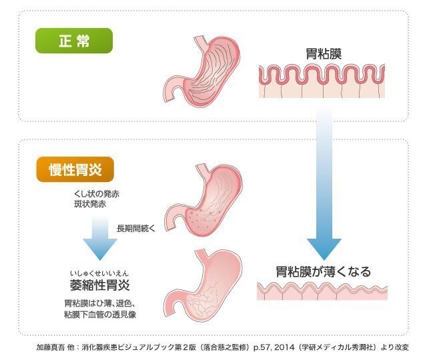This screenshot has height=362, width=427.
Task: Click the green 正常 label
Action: [x=73, y=41]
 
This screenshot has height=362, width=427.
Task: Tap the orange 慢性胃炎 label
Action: [x=74, y=170]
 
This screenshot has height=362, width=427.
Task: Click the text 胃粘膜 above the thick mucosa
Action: [x=323, y=54]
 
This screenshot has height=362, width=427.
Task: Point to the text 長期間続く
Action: [x=135, y=229]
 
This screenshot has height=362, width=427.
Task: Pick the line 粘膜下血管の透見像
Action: [x=100, y=314]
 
